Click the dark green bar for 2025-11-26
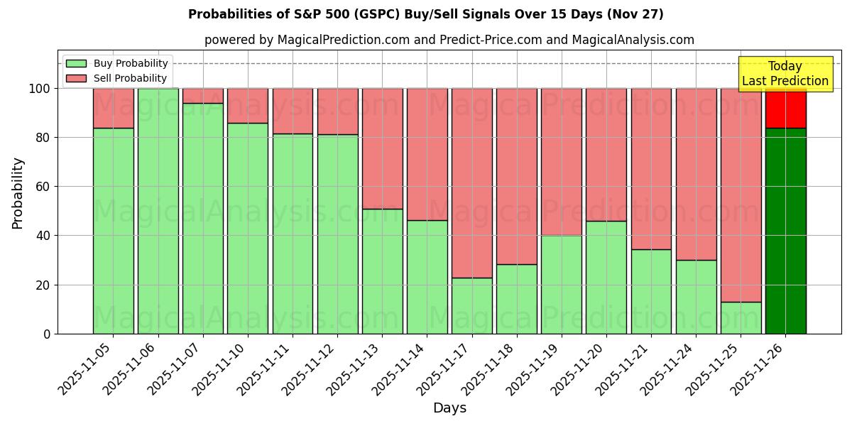785,231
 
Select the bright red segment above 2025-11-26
785,108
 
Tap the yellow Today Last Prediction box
785,74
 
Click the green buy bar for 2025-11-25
741,317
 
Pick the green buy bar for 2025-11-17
471,305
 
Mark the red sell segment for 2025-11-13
382,148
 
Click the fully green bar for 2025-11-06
158,211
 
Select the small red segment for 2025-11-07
202,96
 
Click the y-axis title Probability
18,192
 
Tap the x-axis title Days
449,408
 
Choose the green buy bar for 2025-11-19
561,284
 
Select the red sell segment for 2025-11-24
696,174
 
